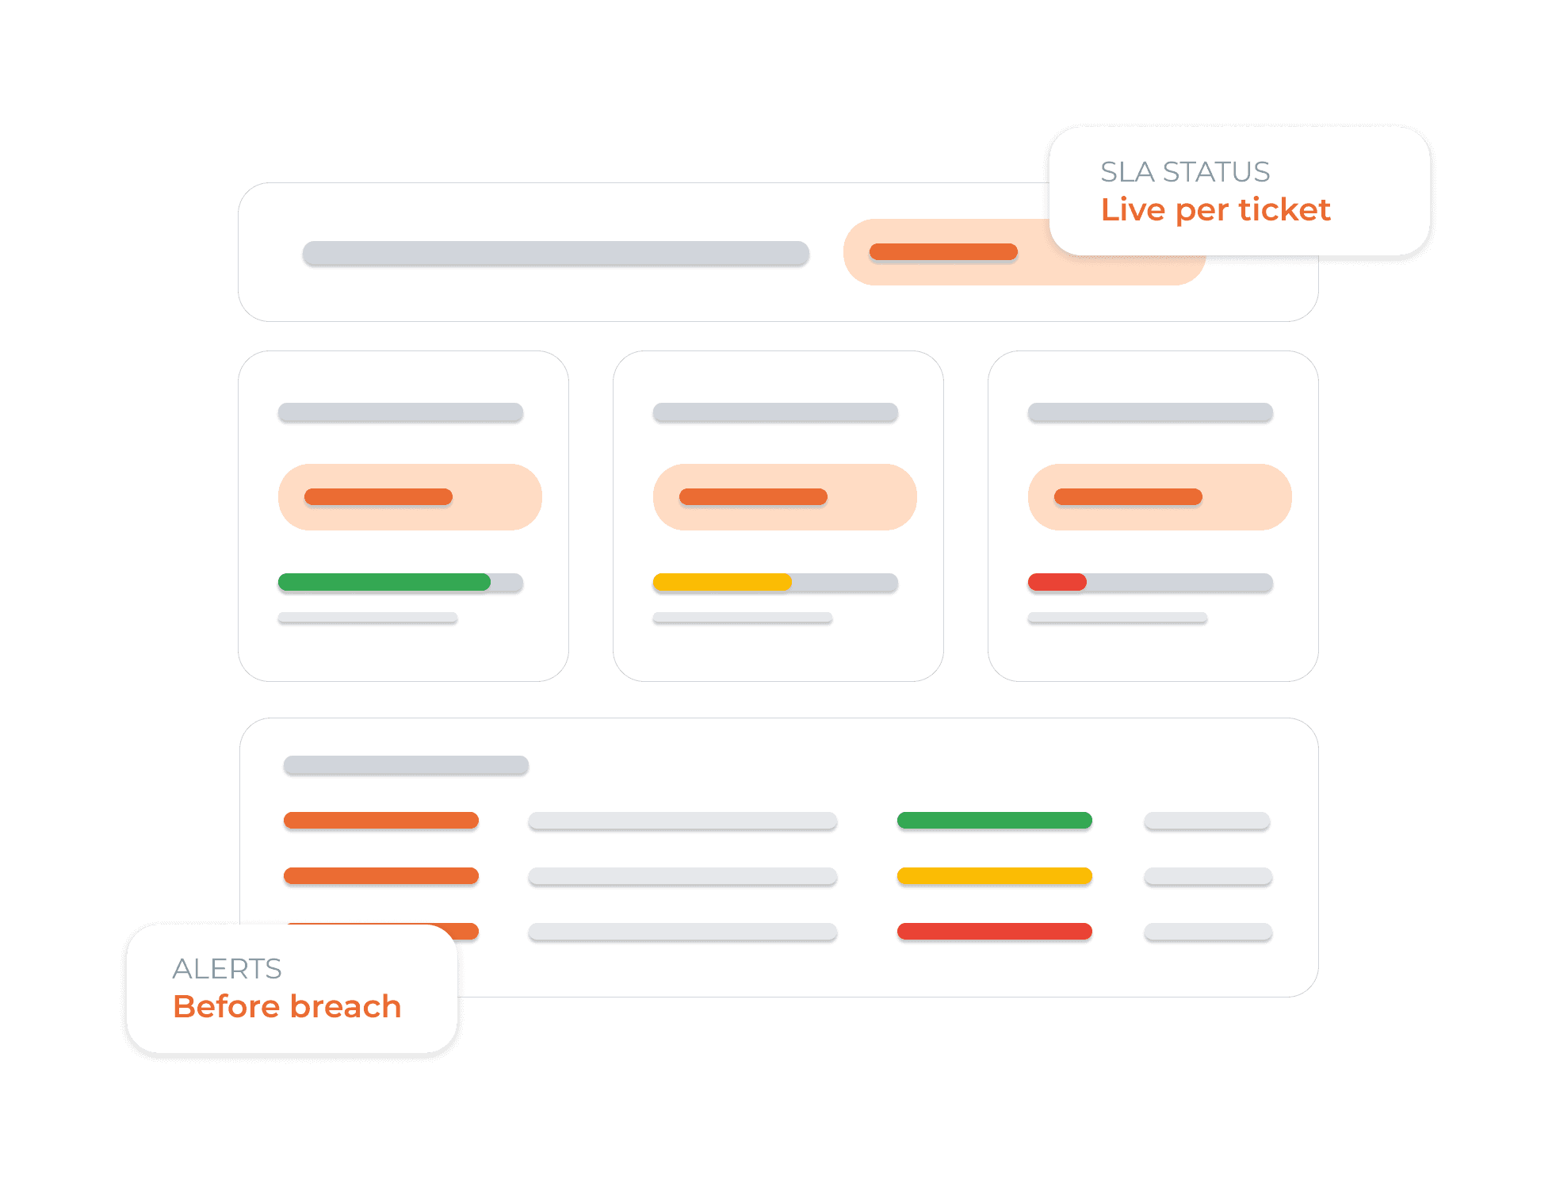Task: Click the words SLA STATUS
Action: [1185, 172]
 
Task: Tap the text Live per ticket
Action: [1215, 209]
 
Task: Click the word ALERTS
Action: [227, 968]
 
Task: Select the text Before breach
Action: [287, 1006]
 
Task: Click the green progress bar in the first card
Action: [384, 582]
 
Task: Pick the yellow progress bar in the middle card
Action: [722, 582]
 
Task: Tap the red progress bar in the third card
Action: [1057, 582]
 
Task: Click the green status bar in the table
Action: [994, 820]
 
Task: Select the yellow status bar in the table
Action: [994, 875]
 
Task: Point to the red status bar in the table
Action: [994, 931]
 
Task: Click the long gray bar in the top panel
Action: [556, 252]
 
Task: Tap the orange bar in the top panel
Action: [943, 251]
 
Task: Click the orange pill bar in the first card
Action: [378, 496]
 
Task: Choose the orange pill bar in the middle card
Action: [753, 496]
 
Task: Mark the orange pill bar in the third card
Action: [1128, 496]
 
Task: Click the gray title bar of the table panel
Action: [406, 764]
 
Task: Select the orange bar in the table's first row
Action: [381, 820]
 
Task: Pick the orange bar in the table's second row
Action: [381, 875]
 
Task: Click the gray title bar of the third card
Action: [1150, 412]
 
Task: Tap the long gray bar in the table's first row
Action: [682, 820]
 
